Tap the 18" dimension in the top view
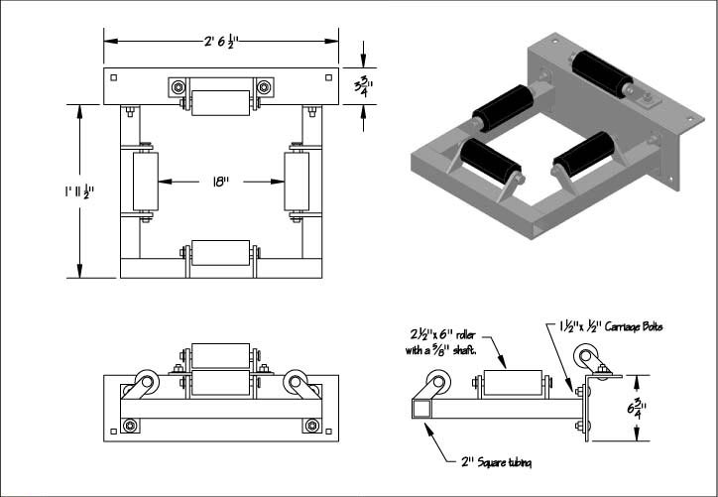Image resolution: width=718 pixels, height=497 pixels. [x=220, y=182]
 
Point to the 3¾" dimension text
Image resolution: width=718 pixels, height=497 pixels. [x=364, y=86]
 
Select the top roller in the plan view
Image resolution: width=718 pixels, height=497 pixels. [x=220, y=103]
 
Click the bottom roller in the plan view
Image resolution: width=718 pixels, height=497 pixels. [x=219, y=254]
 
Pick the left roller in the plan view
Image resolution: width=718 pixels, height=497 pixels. [x=139, y=181]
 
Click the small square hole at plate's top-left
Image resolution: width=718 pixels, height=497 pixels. [x=116, y=76]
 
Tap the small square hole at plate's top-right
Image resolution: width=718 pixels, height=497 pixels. [x=328, y=76]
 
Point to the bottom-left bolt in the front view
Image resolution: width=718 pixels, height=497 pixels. [x=130, y=426]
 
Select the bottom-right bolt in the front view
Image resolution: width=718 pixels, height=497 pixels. [x=312, y=426]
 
